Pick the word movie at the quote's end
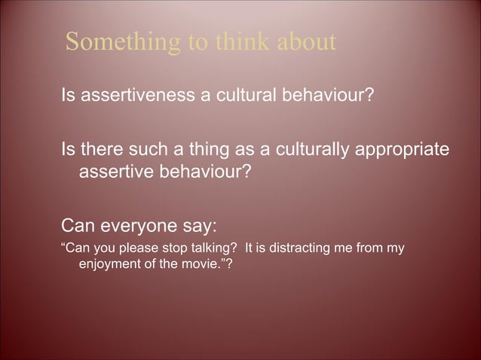click(x=192, y=264)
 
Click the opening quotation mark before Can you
click(x=63, y=246)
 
